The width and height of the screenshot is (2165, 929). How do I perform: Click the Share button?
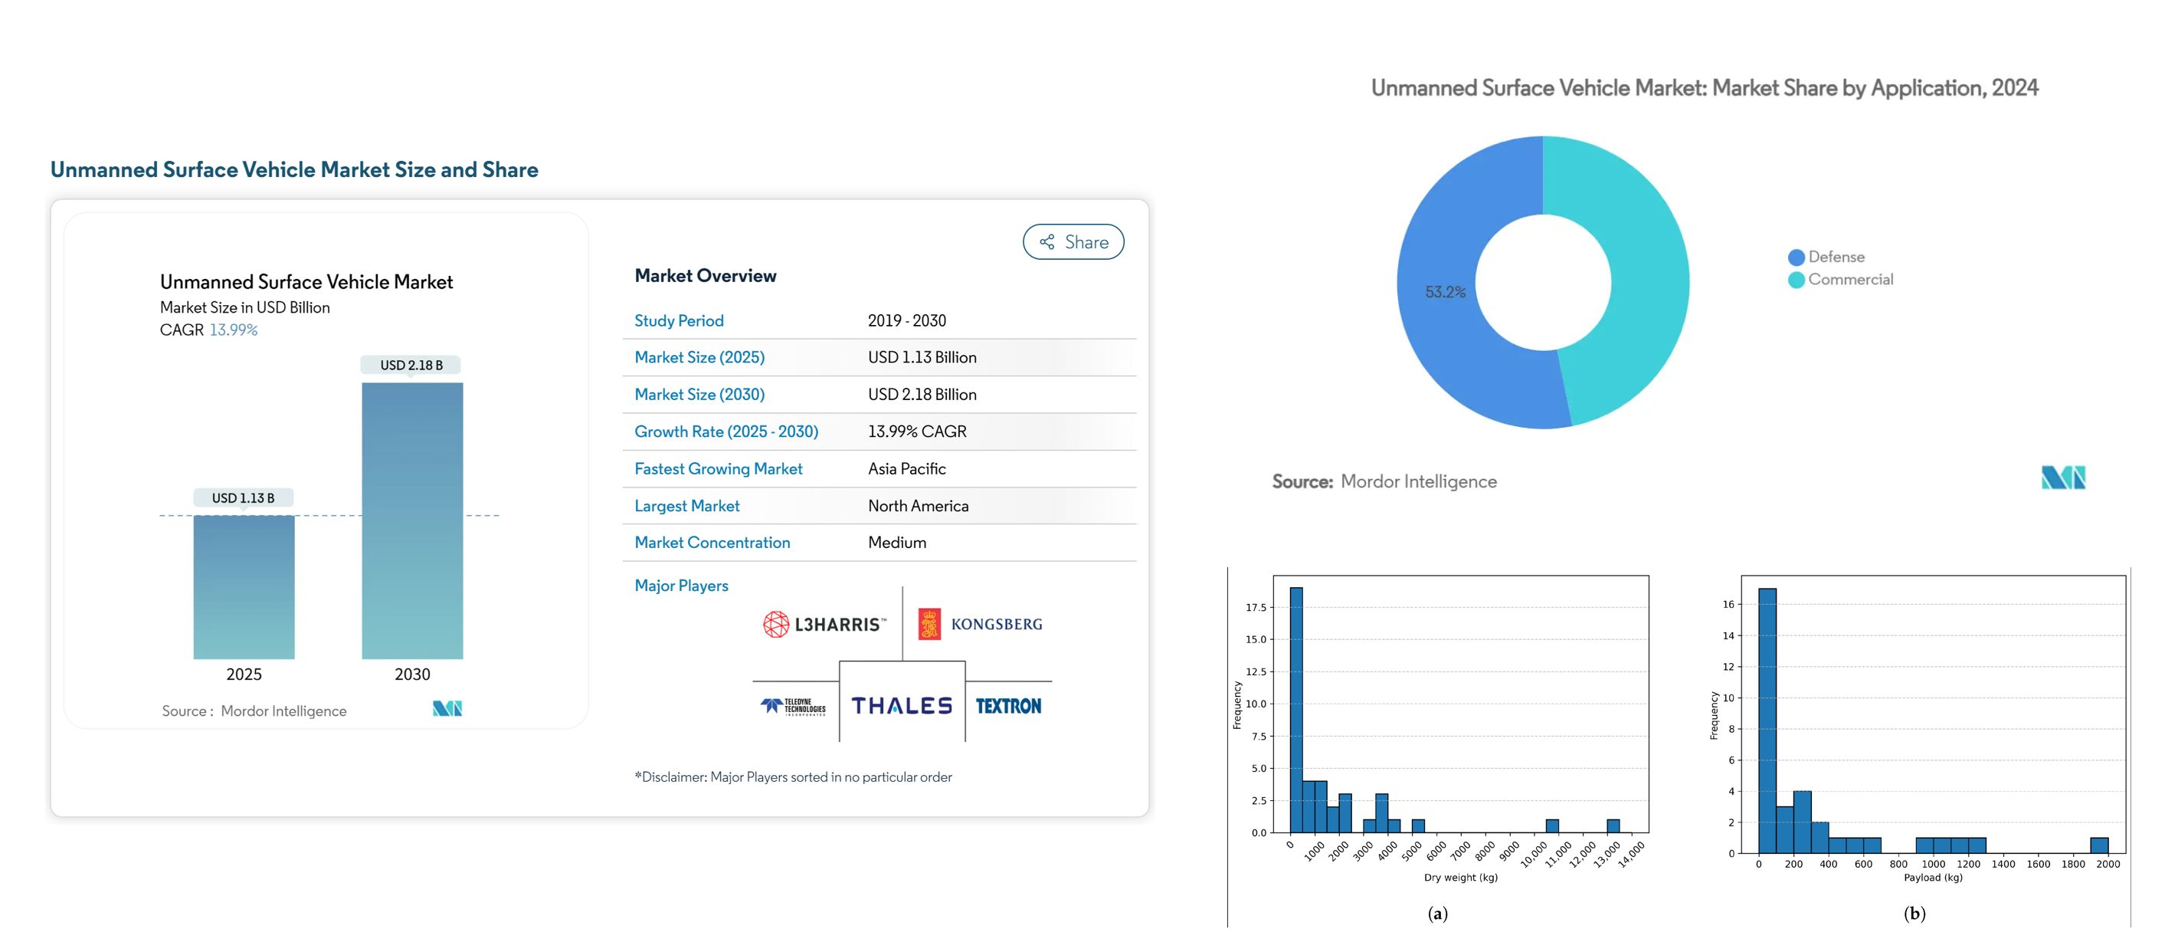[1073, 242]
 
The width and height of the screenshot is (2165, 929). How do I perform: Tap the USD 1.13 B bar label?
[243, 497]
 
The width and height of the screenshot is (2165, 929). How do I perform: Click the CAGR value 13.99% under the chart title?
[234, 330]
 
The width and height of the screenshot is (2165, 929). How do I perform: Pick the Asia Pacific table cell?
[906, 468]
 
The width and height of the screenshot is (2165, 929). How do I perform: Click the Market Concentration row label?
[712, 542]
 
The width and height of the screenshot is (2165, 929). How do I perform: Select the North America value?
[918, 505]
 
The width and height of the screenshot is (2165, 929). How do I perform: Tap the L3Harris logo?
[824, 624]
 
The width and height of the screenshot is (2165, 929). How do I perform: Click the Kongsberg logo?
[980, 624]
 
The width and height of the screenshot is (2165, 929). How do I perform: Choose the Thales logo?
[902, 705]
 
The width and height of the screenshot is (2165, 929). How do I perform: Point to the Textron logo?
[1007, 706]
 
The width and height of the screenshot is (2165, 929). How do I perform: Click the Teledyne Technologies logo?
[794, 706]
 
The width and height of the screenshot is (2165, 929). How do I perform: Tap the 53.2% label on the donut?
[1445, 292]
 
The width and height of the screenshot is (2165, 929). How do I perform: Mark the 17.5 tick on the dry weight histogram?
[1256, 607]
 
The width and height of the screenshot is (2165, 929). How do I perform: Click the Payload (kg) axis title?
[1932, 877]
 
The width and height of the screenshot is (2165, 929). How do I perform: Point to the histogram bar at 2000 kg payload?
[2098, 845]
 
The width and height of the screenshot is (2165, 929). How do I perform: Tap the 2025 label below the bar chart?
[244, 675]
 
